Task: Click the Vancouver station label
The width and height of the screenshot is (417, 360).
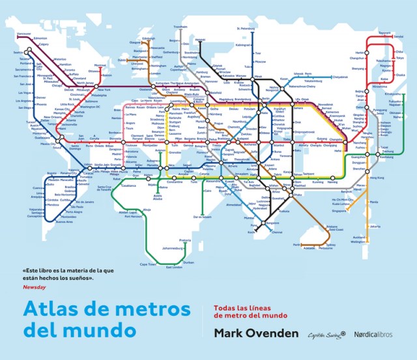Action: (24, 34)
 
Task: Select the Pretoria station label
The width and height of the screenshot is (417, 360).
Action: (185, 240)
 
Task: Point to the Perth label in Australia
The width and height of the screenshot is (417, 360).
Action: (297, 245)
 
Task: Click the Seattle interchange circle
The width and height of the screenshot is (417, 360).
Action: (27, 51)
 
